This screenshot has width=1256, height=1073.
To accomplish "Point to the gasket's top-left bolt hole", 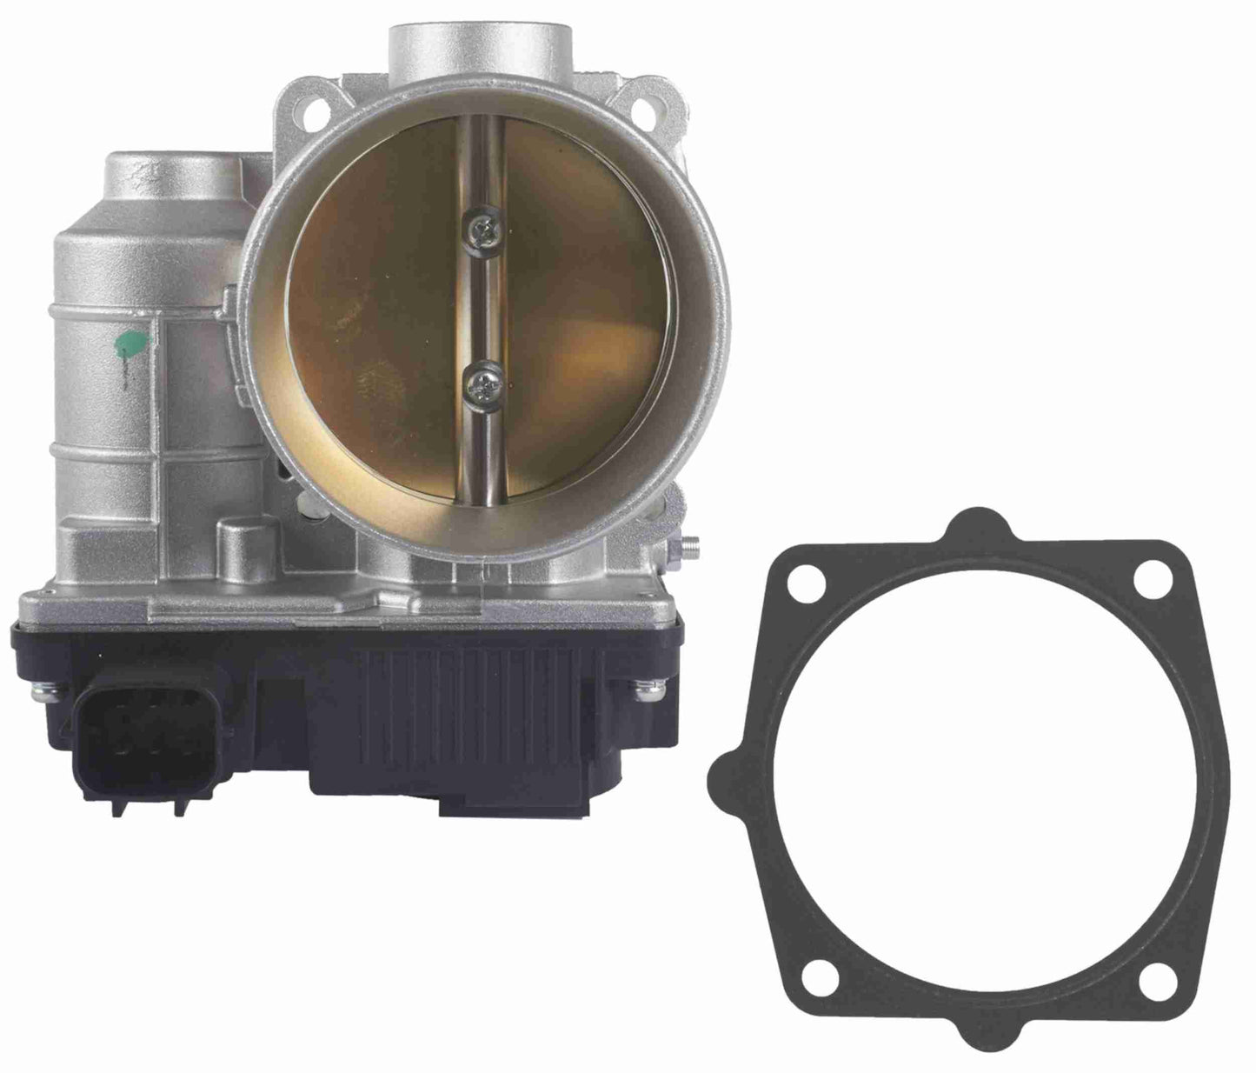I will point(805,581).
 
